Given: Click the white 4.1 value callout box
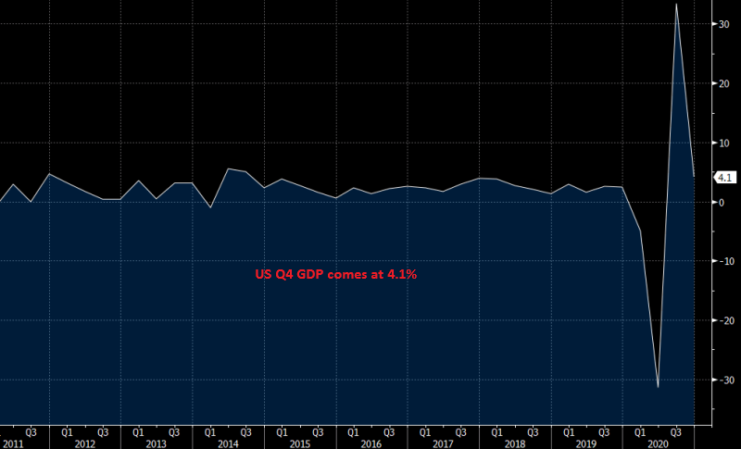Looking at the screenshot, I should tap(723, 177).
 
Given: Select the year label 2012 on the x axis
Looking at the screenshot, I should tap(84, 444).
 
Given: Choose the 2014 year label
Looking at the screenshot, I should tap(228, 444).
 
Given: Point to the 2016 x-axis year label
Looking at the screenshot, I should tap(370, 444).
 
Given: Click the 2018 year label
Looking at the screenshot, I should tap(514, 444).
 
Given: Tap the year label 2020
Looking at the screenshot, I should tap(658, 444).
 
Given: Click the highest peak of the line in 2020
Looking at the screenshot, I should tap(676, 4).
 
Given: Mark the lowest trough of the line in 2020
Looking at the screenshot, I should tap(658, 387).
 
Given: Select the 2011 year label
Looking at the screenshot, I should tap(12, 444).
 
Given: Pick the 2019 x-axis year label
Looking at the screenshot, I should tap(586, 444).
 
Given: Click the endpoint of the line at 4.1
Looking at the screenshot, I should tap(695, 176).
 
